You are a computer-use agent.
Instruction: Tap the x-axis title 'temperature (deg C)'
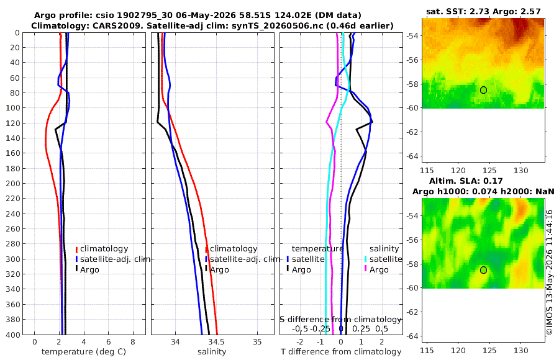[84, 352]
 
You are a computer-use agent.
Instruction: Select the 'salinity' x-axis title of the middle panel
[212, 352]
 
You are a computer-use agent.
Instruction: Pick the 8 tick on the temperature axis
[133, 342]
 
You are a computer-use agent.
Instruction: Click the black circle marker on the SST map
[483, 90]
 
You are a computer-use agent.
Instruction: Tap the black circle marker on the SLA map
[483, 270]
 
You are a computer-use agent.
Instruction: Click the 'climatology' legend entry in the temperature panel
[102, 249]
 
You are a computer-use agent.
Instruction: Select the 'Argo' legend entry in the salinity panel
[217, 269]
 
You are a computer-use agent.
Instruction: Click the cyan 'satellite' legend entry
[383, 259]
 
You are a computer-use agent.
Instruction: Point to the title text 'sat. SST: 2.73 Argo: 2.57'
[483, 11]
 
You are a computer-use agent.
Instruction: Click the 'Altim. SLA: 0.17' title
[466, 181]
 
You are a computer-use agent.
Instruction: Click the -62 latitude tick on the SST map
[413, 132]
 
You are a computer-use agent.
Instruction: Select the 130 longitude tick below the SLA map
[521, 351]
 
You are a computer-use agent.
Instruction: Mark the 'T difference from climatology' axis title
[341, 352]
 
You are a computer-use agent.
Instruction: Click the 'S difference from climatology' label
[340, 320]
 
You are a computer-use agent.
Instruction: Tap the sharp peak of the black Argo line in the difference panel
[373, 123]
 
